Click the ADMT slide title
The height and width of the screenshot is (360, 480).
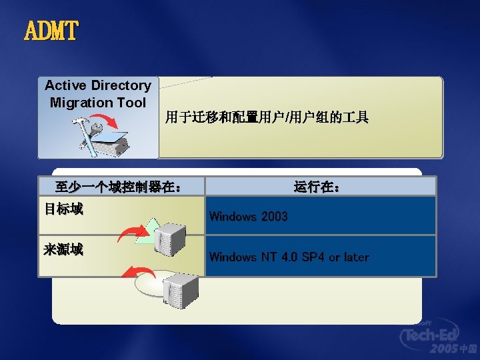click(51, 31)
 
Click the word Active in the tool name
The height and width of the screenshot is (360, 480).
click(66, 85)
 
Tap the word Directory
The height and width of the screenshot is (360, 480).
click(121, 85)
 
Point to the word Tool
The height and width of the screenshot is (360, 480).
click(131, 103)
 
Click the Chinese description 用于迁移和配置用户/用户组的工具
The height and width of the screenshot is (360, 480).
click(267, 118)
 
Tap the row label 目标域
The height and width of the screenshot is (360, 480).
click(63, 209)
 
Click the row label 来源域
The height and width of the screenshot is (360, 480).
click(63, 250)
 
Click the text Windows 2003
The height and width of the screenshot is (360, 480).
click(248, 216)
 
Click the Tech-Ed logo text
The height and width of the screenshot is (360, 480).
click(437, 334)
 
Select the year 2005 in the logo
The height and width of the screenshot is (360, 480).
click(444, 349)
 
